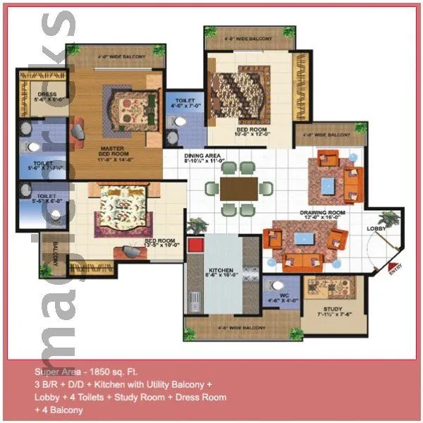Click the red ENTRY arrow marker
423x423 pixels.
393,268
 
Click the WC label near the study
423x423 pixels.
285,296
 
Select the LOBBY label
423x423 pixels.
376,228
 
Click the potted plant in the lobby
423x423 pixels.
387,220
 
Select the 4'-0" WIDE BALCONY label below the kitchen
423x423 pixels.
241,328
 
